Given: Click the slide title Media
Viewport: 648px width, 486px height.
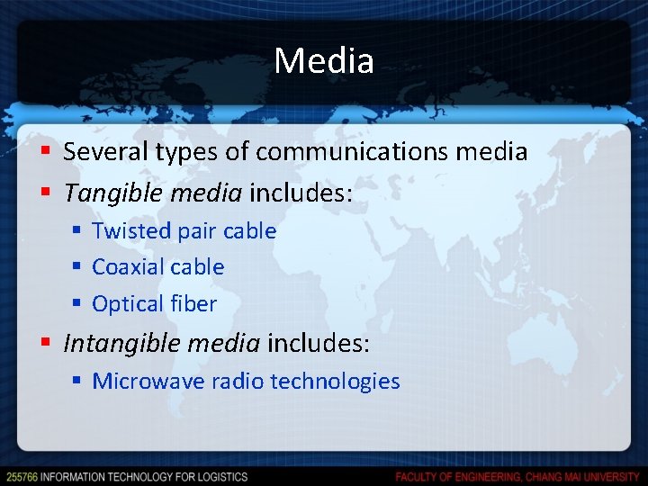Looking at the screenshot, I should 324,61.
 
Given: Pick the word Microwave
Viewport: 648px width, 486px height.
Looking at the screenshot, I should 148,382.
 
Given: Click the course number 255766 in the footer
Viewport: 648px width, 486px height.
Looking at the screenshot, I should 21,476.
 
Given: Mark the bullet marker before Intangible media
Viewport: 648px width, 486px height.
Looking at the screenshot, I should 48,344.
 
